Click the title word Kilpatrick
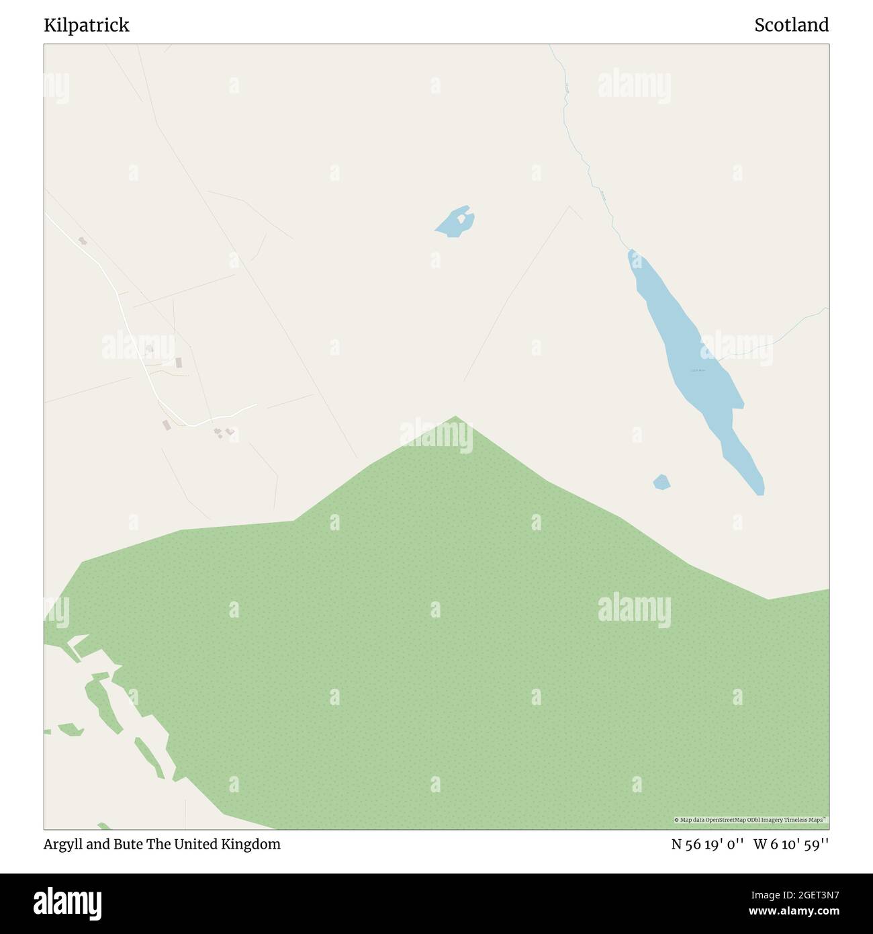coord(87,26)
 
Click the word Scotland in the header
coord(791,26)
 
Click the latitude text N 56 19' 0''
coord(707,845)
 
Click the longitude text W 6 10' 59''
coord(791,845)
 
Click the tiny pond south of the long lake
coord(661,482)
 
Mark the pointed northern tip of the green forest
coord(456,418)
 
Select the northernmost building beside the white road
coord(82,241)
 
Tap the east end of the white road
coord(255,405)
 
